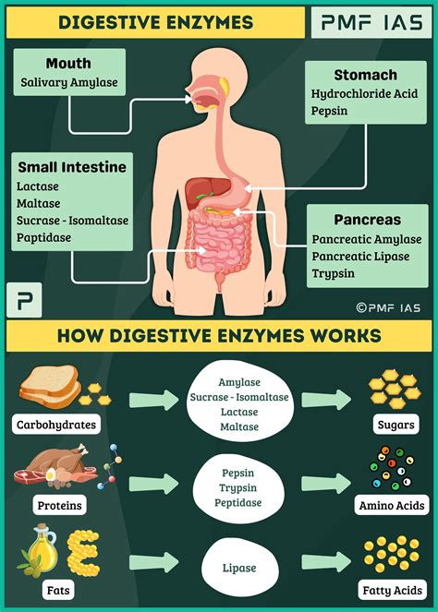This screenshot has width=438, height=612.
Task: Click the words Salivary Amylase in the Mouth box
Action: (69, 83)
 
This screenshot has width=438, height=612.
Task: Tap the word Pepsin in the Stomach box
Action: (329, 111)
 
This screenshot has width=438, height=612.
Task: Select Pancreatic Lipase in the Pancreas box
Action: (360, 257)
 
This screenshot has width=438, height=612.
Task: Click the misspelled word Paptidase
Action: (43, 238)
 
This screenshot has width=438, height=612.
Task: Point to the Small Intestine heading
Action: (72, 167)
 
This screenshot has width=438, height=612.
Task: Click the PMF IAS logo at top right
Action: (371, 22)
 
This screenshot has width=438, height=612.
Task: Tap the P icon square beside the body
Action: (24, 300)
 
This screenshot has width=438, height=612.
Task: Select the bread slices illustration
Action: (51, 387)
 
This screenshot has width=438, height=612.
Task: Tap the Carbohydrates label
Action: (56, 425)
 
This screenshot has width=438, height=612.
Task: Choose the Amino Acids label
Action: (392, 506)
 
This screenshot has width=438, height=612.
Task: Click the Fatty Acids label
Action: (393, 590)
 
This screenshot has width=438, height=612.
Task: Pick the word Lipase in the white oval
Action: (239, 568)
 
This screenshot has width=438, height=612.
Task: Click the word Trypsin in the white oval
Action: (238, 488)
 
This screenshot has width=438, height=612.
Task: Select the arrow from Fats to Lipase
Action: (154, 562)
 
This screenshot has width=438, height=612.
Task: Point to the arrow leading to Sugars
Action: (326, 400)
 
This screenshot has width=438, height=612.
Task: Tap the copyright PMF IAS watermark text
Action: (388, 308)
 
